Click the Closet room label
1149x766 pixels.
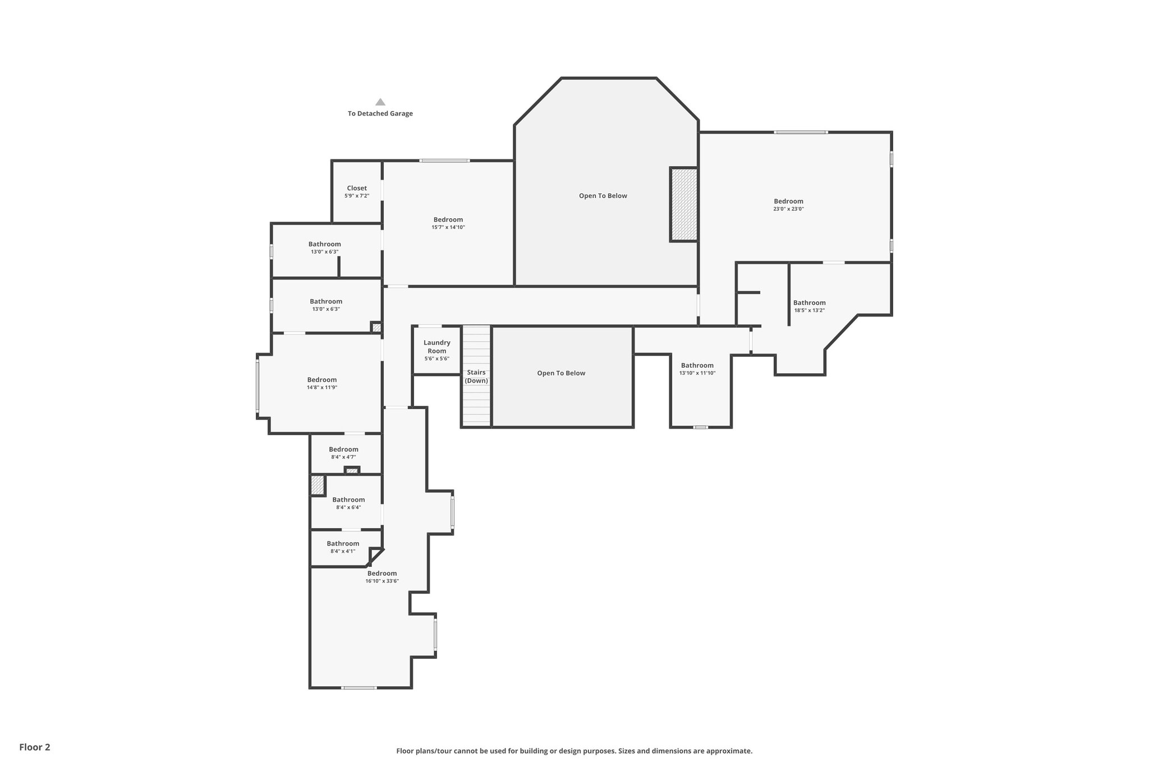pyautogui.click(x=357, y=189)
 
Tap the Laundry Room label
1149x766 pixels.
pyautogui.click(x=436, y=347)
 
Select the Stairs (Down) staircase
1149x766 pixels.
pyautogui.click(x=476, y=377)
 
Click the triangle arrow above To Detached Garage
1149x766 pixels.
pyautogui.click(x=380, y=102)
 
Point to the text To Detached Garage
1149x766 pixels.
pyautogui.click(x=380, y=113)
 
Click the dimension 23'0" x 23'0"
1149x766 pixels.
pyautogui.click(x=788, y=209)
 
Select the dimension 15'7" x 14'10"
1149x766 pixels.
pyautogui.click(x=448, y=227)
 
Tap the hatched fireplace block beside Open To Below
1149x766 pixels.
pyautogui.click(x=684, y=204)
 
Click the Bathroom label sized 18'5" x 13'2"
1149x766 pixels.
pyautogui.click(x=809, y=302)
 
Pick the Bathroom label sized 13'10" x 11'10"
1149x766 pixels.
pyautogui.click(x=697, y=365)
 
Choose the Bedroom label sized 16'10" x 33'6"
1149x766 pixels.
pyautogui.click(x=382, y=574)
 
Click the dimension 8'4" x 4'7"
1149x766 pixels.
pyautogui.click(x=343, y=457)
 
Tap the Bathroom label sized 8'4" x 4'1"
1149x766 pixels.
pyautogui.click(x=343, y=543)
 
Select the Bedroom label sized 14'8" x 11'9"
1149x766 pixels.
pyautogui.click(x=321, y=380)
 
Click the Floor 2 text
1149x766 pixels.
pyautogui.click(x=35, y=747)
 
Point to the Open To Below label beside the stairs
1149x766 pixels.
pyautogui.click(x=561, y=373)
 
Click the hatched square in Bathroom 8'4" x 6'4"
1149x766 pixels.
pyautogui.click(x=318, y=485)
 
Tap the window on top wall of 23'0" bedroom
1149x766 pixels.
pyautogui.click(x=801, y=132)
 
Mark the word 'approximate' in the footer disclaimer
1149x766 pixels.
pyautogui.click(x=728, y=751)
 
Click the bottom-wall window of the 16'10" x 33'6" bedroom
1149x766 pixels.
pyautogui.click(x=360, y=687)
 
